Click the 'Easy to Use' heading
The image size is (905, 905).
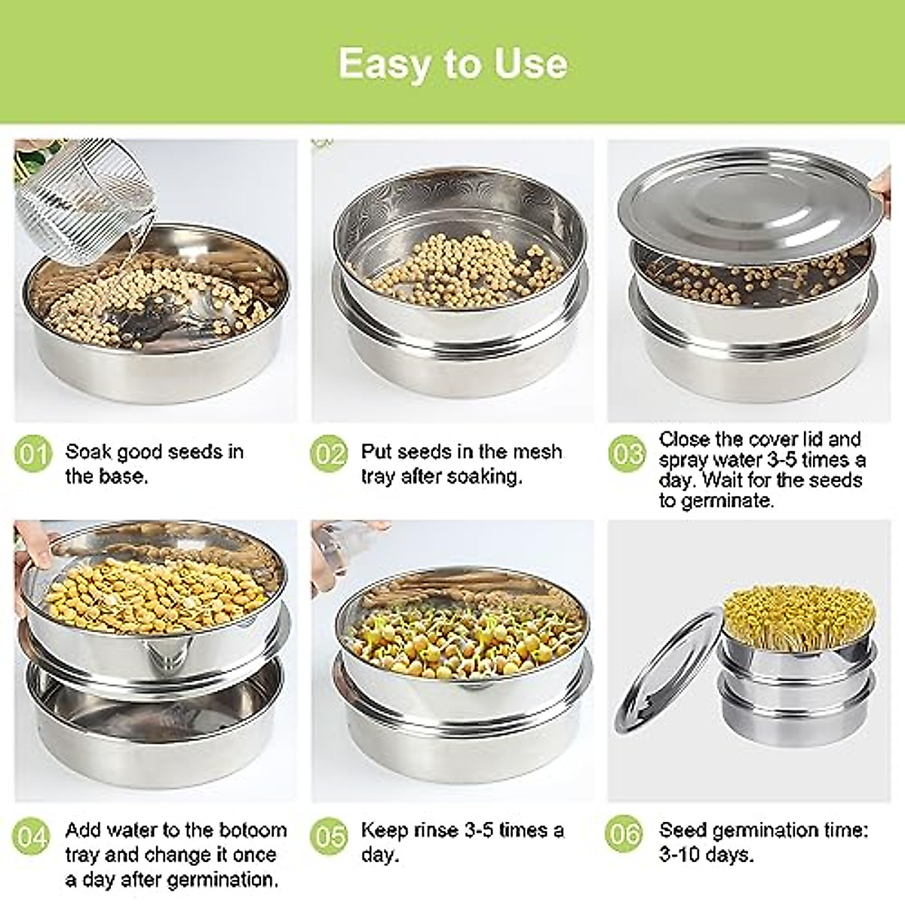[x=452, y=63]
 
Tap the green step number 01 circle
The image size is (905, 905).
[x=33, y=455]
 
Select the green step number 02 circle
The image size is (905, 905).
[x=329, y=455]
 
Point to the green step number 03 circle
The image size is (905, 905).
[x=627, y=455]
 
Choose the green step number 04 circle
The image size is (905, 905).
[x=33, y=836]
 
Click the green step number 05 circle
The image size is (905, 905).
[x=329, y=835]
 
